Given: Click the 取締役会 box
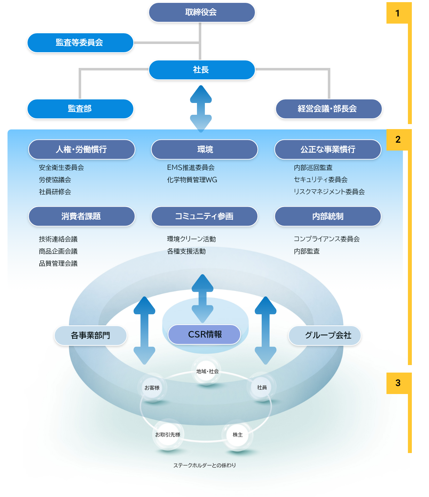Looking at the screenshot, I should [x=202, y=13].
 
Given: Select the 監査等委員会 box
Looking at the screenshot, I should [x=80, y=43].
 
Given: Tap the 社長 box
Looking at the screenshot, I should [x=202, y=70].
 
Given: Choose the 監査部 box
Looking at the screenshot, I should [x=80, y=109].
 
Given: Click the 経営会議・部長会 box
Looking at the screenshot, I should [x=329, y=109].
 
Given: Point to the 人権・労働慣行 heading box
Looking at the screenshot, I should [x=82, y=149].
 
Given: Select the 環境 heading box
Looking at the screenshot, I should [x=204, y=149].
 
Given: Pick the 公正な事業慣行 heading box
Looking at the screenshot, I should [x=328, y=149].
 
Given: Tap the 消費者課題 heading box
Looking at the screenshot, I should [x=82, y=216].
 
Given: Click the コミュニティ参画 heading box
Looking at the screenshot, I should [x=204, y=216].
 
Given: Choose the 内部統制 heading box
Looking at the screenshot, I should [x=328, y=216].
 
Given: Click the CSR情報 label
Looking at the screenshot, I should [x=204, y=334].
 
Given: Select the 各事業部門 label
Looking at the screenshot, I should [x=90, y=335].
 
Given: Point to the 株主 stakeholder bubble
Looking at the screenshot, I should [x=238, y=435].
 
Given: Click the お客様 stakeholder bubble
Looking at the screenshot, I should [x=152, y=388].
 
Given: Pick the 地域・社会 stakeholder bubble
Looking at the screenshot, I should [x=207, y=371].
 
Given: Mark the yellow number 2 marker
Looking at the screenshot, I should [x=398, y=140].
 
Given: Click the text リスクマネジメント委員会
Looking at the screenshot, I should [x=329, y=192].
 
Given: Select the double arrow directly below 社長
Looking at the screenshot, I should [x=201, y=108].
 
